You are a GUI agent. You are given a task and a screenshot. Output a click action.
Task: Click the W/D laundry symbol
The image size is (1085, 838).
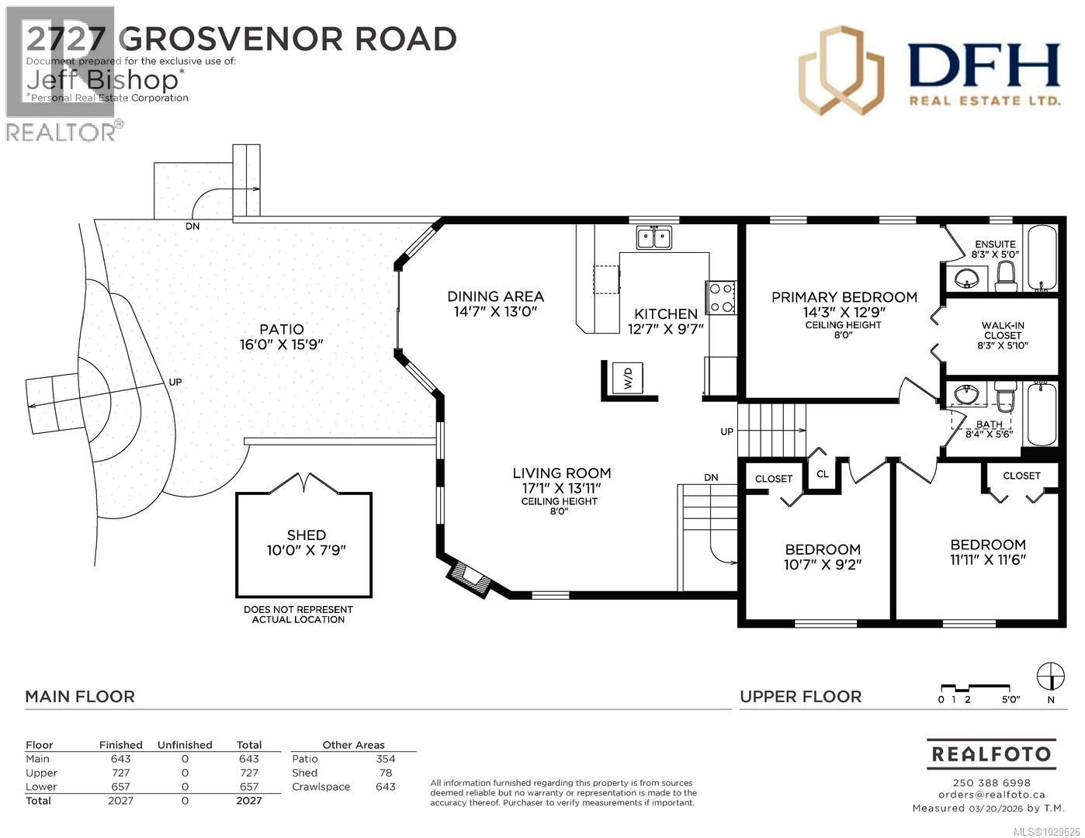tap(628, 379)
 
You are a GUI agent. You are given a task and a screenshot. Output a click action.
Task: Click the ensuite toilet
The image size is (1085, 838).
tap(1005, 276)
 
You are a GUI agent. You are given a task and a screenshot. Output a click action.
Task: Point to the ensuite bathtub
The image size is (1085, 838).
tap(1041, 258)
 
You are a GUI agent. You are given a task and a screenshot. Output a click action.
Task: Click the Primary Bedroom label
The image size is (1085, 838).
tap(844, 297)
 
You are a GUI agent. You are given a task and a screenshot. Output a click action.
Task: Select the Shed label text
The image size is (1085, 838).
tap(306, 535)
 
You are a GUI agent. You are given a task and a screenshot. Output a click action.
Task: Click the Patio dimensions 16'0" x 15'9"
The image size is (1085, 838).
tap(282, 345)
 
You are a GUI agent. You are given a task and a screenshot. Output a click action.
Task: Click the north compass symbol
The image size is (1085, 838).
tap(1051, 674)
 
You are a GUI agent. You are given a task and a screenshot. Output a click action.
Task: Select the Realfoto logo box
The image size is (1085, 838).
tap(990, 753)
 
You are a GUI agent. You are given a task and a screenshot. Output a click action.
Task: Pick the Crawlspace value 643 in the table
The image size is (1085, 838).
tap(385, 787)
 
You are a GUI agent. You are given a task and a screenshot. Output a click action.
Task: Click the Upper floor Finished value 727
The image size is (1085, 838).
tap(120, 773)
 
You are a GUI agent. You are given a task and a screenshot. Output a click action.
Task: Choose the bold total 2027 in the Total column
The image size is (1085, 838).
tap(249, 801)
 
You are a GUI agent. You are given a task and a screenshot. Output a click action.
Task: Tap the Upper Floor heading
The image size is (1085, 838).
tap(800, 697)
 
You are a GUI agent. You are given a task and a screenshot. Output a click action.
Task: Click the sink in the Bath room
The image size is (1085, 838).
tap(967, 395)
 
